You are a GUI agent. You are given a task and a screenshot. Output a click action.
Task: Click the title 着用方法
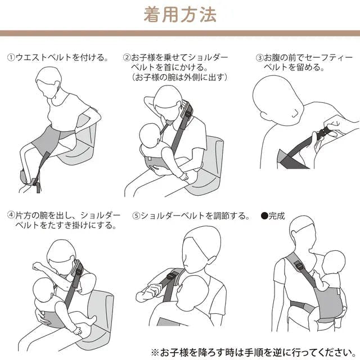tap(180, 15)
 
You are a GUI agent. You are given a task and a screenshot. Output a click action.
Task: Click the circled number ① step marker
tap(11, 57)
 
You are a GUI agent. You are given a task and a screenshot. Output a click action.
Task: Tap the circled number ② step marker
tap(127, 57)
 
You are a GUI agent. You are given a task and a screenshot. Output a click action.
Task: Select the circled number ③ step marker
tap(260, 57)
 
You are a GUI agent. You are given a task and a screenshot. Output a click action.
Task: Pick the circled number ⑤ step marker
tap(136, 216)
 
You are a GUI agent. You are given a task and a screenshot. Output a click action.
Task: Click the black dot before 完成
tap(264, 216)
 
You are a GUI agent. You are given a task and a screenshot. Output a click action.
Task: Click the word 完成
tap(277, 216)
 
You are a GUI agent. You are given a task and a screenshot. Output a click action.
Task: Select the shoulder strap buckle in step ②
tap(188, 115)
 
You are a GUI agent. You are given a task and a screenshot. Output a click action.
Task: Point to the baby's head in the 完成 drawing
tap(334, 261)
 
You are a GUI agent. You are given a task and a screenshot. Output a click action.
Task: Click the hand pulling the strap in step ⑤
tap(147, 292)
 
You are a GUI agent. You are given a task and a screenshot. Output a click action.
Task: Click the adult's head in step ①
tap(48, 82)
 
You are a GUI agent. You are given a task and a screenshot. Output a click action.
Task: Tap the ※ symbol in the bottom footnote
tap(155, 352)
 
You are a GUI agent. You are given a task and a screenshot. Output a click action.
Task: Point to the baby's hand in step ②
tap(184, 177)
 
